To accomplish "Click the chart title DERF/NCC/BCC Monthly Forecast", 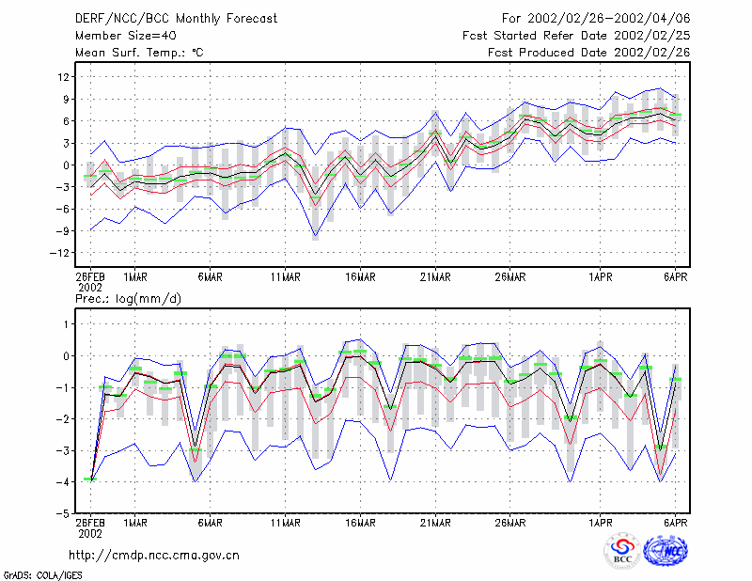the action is pos(176,19).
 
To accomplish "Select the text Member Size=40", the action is pos(126,36).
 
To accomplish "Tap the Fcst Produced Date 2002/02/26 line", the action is pos(588,53).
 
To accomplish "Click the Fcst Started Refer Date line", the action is pos(576,36).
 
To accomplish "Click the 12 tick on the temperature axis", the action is pos(63,77).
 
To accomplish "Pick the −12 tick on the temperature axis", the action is pos(59,253).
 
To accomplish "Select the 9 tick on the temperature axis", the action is pos(66,99).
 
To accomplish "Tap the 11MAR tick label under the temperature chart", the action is pos(286,277).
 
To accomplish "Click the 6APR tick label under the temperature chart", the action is pos(675,277).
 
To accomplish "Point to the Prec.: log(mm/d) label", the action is pos(128,299).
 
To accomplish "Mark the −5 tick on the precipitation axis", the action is pos(63,513).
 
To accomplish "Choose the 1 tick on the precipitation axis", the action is pos(67,324).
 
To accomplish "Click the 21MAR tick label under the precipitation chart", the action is pos(435,523).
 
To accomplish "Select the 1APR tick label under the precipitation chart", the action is pos(601,523).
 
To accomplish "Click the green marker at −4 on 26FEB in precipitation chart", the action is pos(90,479).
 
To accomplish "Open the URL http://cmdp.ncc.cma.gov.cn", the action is pos(154,556).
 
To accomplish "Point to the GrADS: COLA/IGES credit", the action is pos(42,575).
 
